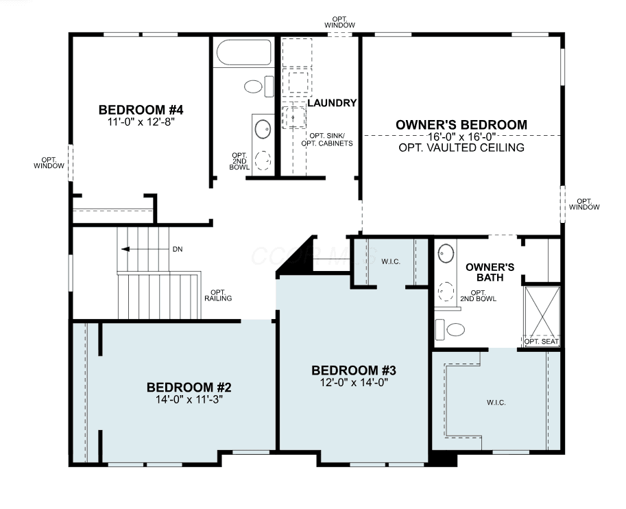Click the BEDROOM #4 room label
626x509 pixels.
(141, 110)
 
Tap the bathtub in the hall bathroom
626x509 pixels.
(244, 52)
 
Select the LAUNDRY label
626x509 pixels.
(332, 103)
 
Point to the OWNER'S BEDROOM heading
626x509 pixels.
(461, 125)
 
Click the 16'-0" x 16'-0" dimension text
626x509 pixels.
(461, 137)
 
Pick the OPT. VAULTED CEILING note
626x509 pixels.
(461, 147)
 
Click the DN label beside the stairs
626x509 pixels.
(178, 249)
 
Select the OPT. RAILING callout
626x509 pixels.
(218, 295)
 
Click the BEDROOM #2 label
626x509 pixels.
(189, 387)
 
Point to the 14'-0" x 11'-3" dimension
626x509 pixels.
(189, 399)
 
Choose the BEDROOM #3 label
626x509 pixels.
(354, 370)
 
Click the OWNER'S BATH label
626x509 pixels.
(490, 272)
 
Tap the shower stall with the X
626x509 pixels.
(542, 311)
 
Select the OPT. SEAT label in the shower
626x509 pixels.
(542, 342)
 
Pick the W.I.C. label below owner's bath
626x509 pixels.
(496, 403)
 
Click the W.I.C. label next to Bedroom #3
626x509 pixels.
(390, 261)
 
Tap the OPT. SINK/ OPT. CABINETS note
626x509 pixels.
(327, 139)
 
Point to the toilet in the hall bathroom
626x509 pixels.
(258, 86)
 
